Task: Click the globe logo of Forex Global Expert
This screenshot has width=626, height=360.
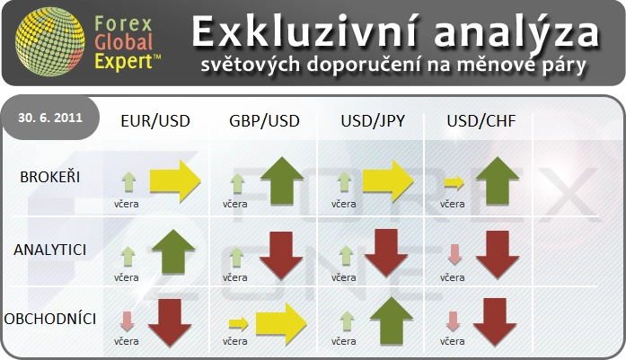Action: click(50, 41)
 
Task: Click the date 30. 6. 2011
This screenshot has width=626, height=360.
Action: click(50, 118)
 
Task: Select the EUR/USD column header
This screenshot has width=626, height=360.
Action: click(155, 121)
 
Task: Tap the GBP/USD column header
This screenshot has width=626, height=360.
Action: click(264, 121)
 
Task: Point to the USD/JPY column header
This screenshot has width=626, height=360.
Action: click(373, 121)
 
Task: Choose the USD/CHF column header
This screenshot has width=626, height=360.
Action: click(481, 121)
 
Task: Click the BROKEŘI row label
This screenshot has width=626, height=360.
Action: click(50, 177)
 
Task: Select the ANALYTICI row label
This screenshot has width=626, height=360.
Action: click(50, 250)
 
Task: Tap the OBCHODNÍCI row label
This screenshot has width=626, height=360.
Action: click(50, 319)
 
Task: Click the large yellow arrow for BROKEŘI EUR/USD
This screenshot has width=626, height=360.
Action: click(175, 181)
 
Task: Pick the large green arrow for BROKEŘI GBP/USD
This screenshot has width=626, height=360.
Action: click(282, 180)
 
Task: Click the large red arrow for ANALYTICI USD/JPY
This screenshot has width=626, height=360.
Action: click(386, 253)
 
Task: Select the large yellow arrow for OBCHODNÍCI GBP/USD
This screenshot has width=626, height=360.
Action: click(281, 324)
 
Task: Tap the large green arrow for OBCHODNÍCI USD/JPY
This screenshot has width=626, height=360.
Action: click(392, 320)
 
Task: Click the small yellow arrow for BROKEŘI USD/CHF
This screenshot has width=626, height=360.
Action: click(454, 183)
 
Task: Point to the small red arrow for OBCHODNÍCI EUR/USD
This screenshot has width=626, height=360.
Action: click(127, 321)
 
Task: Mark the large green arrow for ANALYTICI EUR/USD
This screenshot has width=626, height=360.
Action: click(173, 252)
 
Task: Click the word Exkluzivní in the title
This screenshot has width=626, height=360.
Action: click(305, 33)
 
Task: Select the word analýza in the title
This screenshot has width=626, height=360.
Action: click(516, 33)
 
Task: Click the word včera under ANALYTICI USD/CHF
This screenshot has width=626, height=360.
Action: click(453, 277)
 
